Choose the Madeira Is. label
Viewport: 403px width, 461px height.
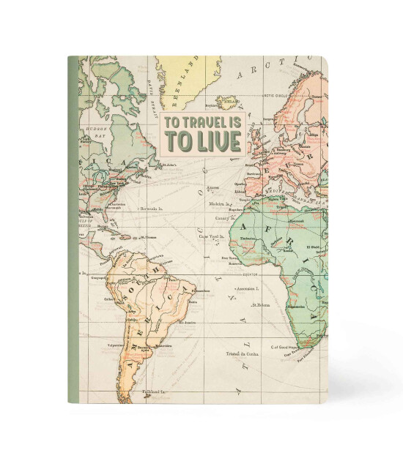point(219,204)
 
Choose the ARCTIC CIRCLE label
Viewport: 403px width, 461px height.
point(278,96)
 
